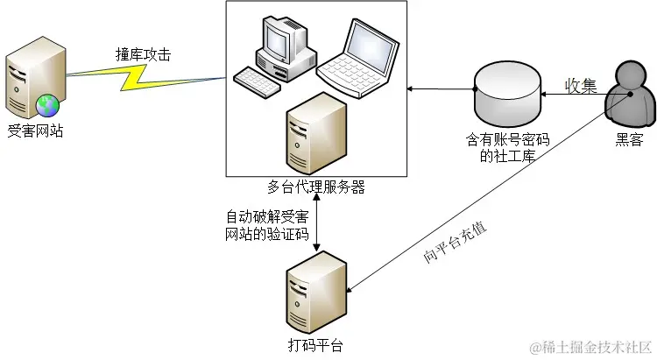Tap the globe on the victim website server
[46, 107]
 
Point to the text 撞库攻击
[143, 53]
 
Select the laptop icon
[355, 55]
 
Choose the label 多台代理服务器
[315, 187]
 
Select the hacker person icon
[627, 97]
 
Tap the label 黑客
[629, 139]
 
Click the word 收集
[580, 85]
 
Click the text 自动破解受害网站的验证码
[267, 225]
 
